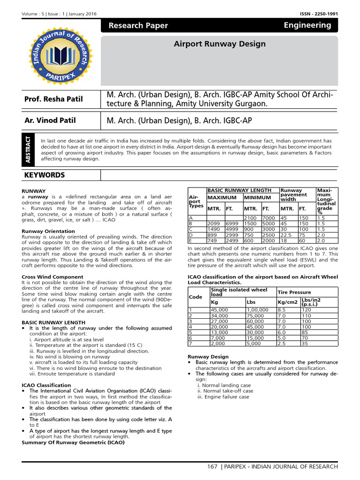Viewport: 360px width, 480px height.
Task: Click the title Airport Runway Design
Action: click(x=219, y=44)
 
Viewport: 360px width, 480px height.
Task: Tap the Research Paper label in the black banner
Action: click(x=138, y=26)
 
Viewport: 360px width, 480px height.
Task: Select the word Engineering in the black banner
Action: click(x=307, y=25)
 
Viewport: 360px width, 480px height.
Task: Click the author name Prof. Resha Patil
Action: click(x=53, y=98)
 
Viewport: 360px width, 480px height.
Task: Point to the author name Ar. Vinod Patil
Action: click(x=50, y=120)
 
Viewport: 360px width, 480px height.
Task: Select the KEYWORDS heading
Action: click(x=45, y=175)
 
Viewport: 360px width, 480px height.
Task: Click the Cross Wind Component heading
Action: click(x=52, y=277)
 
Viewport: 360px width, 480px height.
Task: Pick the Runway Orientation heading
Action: click(x=48, y=231)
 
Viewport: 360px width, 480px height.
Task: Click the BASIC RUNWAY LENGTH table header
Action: click(x=239, y=190)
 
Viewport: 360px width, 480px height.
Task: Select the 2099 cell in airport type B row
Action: click(x=214, y=224)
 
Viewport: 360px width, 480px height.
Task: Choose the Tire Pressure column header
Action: click(x=294, y=292)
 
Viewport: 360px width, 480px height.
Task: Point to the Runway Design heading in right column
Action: click(x=208, y=357)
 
